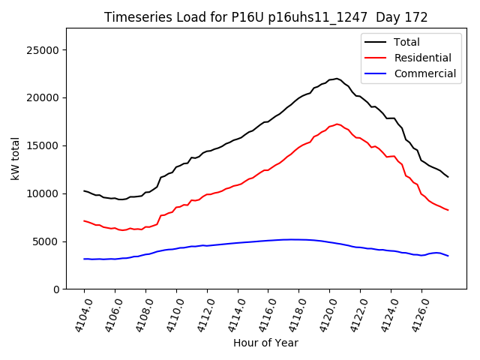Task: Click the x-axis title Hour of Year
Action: [x=265, y=343]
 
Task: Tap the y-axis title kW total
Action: [x=15, y=158]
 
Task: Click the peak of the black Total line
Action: [x=336, y=78]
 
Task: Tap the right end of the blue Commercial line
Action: [x=448, y=256]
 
